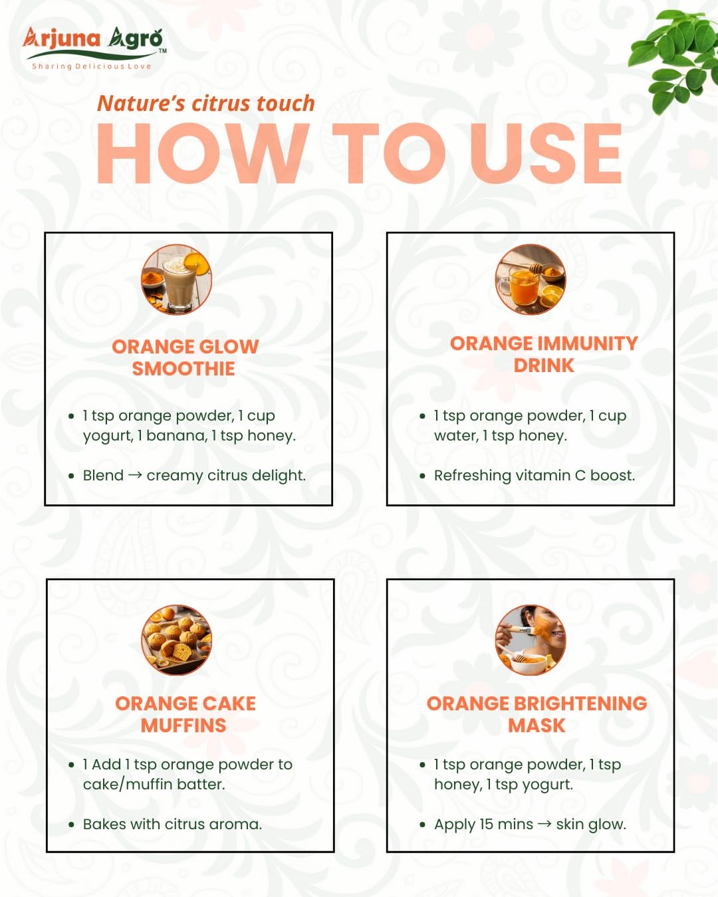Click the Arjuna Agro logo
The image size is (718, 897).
[94, 48]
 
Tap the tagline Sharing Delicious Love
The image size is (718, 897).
[92, 66]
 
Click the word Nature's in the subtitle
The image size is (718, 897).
[141, 104]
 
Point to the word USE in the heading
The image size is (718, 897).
[546, 153]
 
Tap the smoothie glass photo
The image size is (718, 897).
[176, 279]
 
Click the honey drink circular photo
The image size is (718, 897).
[531, 279]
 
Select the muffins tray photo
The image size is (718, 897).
[176, 640]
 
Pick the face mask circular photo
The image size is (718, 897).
[531, 640]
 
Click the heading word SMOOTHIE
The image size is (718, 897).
[183, 369]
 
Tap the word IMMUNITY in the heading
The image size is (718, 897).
[588, 344]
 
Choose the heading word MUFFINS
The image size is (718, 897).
[183, 726]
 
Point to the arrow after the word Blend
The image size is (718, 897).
[135, 475]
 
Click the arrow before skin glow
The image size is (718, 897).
[545, 824]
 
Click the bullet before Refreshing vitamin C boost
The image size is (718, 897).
[423, 476]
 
